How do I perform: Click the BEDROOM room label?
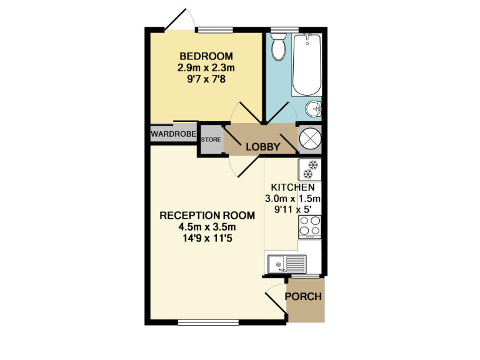coord(206,54)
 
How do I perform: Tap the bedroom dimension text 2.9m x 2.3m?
coord(206,67)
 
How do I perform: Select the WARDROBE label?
coord(173,134)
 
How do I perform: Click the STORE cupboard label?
coord(211,139)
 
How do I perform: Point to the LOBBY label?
coord(262,147)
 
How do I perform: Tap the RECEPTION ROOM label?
coord(207,216)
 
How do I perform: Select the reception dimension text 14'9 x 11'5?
coord(207,238)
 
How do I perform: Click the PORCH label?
coord(304,296)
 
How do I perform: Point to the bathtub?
coord(307,64)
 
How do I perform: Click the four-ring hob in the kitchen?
coord(310,226)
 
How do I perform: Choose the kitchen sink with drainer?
coord(286,264)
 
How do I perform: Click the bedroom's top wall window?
coord(214,29)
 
